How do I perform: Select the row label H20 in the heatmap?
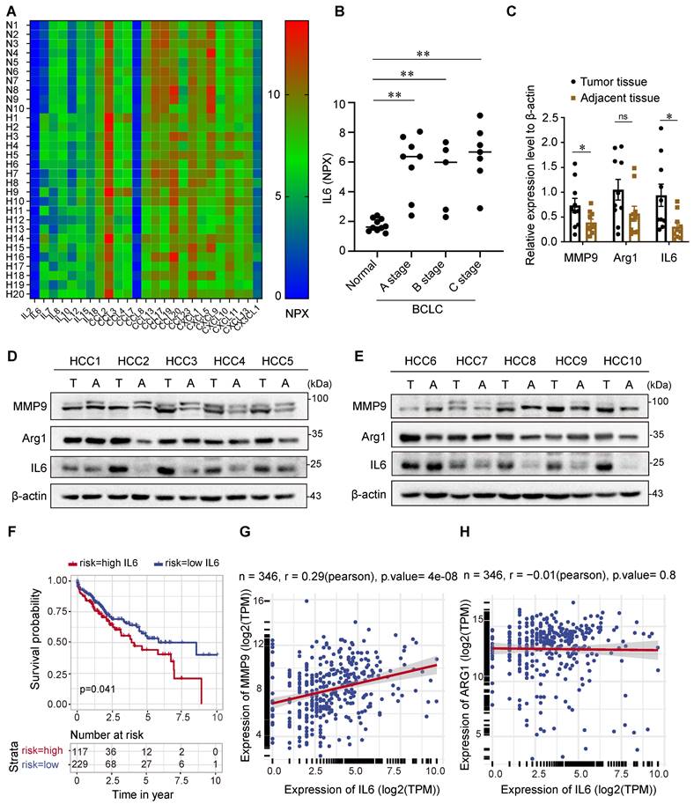[x=12, y=294]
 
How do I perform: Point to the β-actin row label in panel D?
[x=33, y=496]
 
